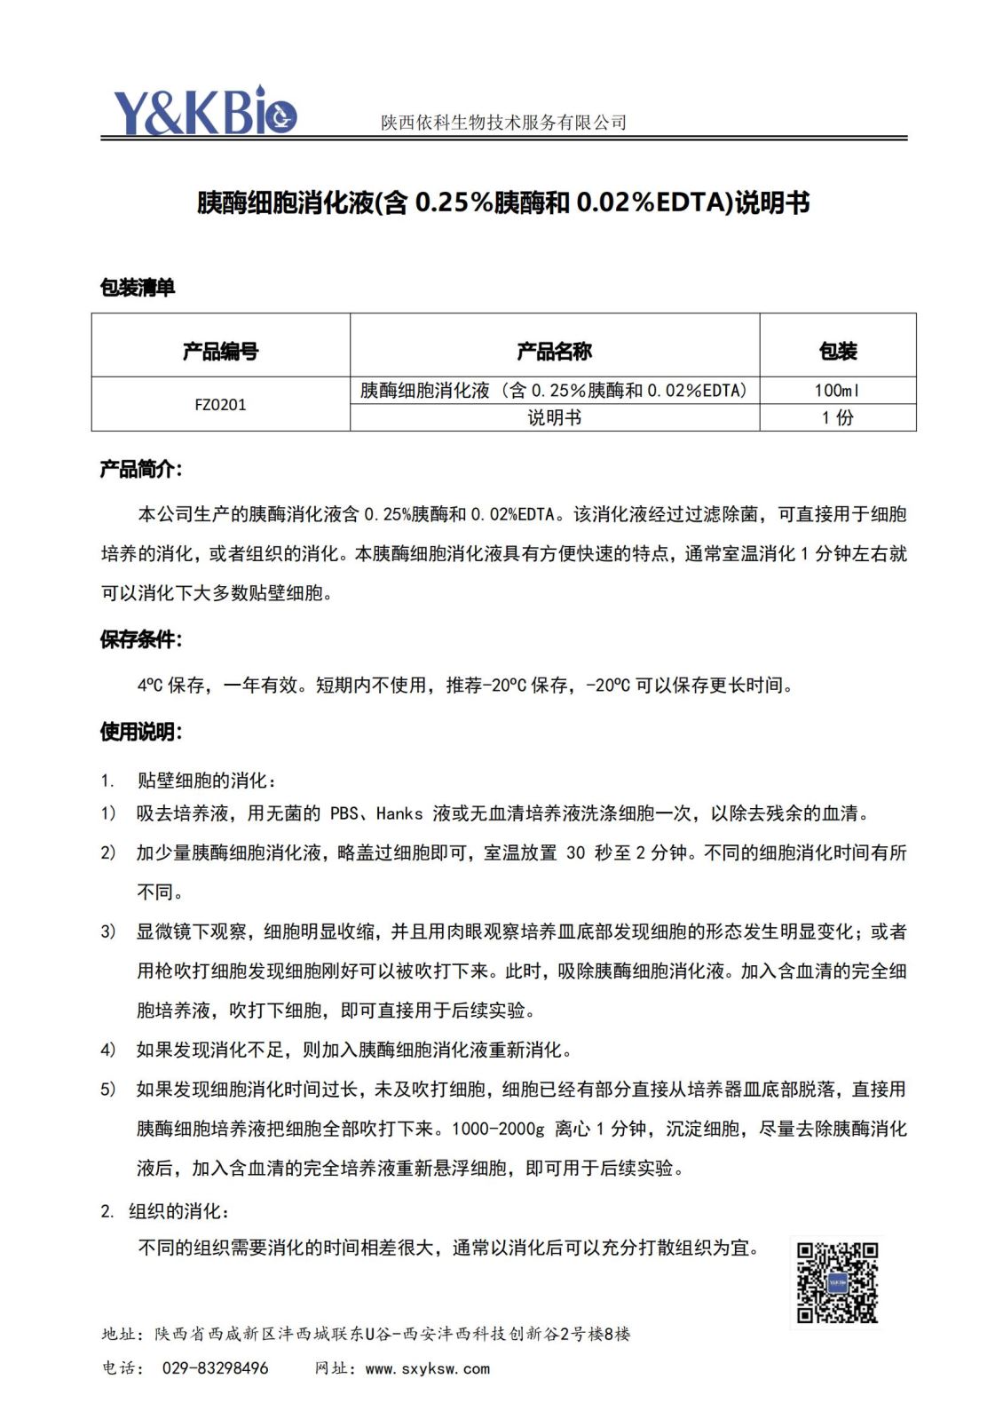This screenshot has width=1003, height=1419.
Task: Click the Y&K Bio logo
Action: (x=204, y=112)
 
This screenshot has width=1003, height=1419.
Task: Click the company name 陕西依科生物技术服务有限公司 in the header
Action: (x=503, y=123)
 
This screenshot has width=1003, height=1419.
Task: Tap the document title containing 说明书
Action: (x=502, y=203)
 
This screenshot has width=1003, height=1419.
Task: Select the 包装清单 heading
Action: (x=138, y=288)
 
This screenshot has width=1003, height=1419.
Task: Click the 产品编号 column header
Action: (x=220, y=352)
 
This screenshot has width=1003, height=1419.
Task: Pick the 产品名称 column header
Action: (x=554, y=352)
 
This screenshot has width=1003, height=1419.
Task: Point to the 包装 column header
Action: (x=837, y=352)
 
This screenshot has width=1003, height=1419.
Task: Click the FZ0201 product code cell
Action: (x=220, y=405)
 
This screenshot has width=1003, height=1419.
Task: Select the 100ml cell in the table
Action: (x=837, y=391)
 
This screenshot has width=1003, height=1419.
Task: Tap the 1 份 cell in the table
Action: (x=837, y=417)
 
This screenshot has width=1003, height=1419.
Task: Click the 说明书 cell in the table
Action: (x=554, y=417)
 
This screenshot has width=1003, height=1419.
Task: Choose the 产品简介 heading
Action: (x=140, y=470)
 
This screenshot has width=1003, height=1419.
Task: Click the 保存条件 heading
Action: (x=140, y=639)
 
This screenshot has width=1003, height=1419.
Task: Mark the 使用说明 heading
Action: (x=140, y=732)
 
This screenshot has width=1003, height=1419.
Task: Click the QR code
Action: (x=837, y=1283)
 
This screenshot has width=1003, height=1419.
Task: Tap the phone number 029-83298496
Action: (x=215, y=1368)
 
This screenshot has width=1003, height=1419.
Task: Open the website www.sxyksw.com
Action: (x=427, y=1368)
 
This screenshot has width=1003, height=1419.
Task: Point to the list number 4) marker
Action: (x=107, y=1050)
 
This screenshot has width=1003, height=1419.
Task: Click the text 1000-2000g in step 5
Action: (x=498, y=1129)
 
